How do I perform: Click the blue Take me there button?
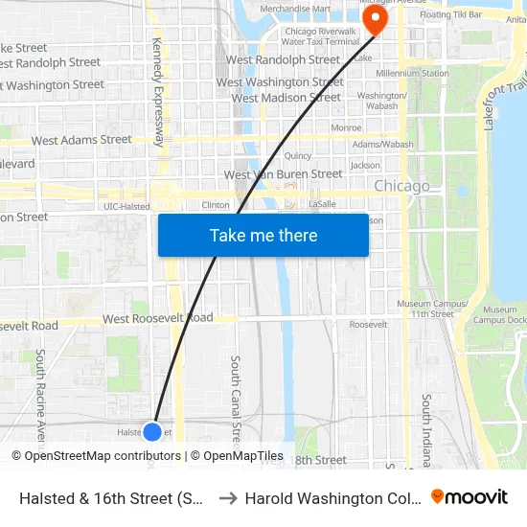pyautogui.click(x=263, y=236)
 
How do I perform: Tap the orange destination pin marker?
pyautogui.click(x=375, y=20)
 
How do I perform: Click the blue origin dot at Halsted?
pyautogui.click(x=151, y=432)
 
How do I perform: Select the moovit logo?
pyautogui.click(x=470, y=496)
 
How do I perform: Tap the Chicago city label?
pyautogui.click(x=401, y=186)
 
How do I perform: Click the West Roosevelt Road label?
pyautogui.click(x=158, y=318)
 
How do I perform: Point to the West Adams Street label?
pyautogui.click(x=81, y=140)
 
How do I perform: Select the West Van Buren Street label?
pyautogui.click(x=283, y=174)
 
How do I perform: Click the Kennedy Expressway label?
pyautogui.click(x=159, y=91)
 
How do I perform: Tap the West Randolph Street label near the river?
pyautogui.click(x=283, y=59)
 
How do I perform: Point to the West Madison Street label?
pyautogui.click(x=286, y=98)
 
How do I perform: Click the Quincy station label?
pyautogui.click(x=298, y=155)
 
